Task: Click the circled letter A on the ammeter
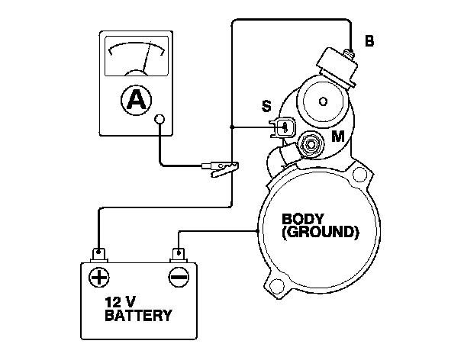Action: click(136, 101)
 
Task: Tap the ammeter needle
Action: click(147, 58)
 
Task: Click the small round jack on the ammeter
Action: click(159, 119)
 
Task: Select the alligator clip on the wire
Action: click(221, 169)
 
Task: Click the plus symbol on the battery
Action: click(99, 278)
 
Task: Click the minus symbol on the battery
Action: click(179, 278)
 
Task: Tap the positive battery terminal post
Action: click(99, 255)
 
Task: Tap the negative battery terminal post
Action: click(179, 255)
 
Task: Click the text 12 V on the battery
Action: click(121, 302)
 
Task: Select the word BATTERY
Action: click(138, 316)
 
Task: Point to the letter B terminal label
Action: click(369, 41)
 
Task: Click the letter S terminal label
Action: click(266, 106)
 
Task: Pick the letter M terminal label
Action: click(338, 137)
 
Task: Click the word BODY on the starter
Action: click(303, 219)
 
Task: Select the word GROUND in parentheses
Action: click(321, 232)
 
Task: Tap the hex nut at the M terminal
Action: click(311, 145)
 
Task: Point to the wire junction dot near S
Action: click(232, 127)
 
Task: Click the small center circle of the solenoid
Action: click(323, 101)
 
